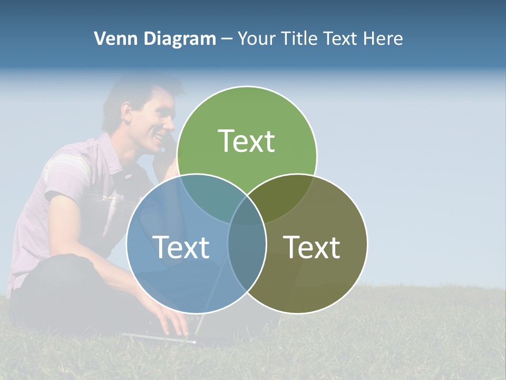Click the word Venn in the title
[112, 39]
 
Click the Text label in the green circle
[247, 141]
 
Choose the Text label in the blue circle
[181, 247]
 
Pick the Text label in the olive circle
[312, 247]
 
